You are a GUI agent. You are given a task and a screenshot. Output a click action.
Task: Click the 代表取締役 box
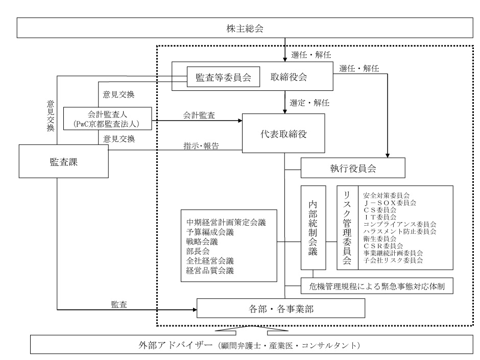tap(284, 133)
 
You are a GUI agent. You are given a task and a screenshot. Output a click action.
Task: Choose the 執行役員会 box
tap(353, 167)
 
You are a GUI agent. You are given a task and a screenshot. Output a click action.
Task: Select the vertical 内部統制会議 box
tap(313, 227)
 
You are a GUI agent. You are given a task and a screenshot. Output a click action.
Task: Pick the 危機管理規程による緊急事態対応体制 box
tap(377, 286)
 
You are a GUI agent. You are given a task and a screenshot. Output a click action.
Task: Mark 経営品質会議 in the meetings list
tap(210, 271)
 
